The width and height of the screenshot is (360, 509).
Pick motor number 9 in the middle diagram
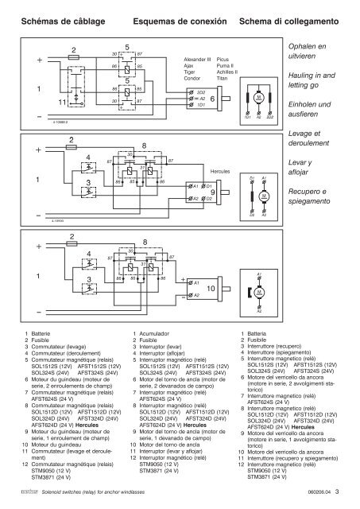tap(212, 192)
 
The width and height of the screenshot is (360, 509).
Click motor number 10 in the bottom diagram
tap(211, 286)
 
